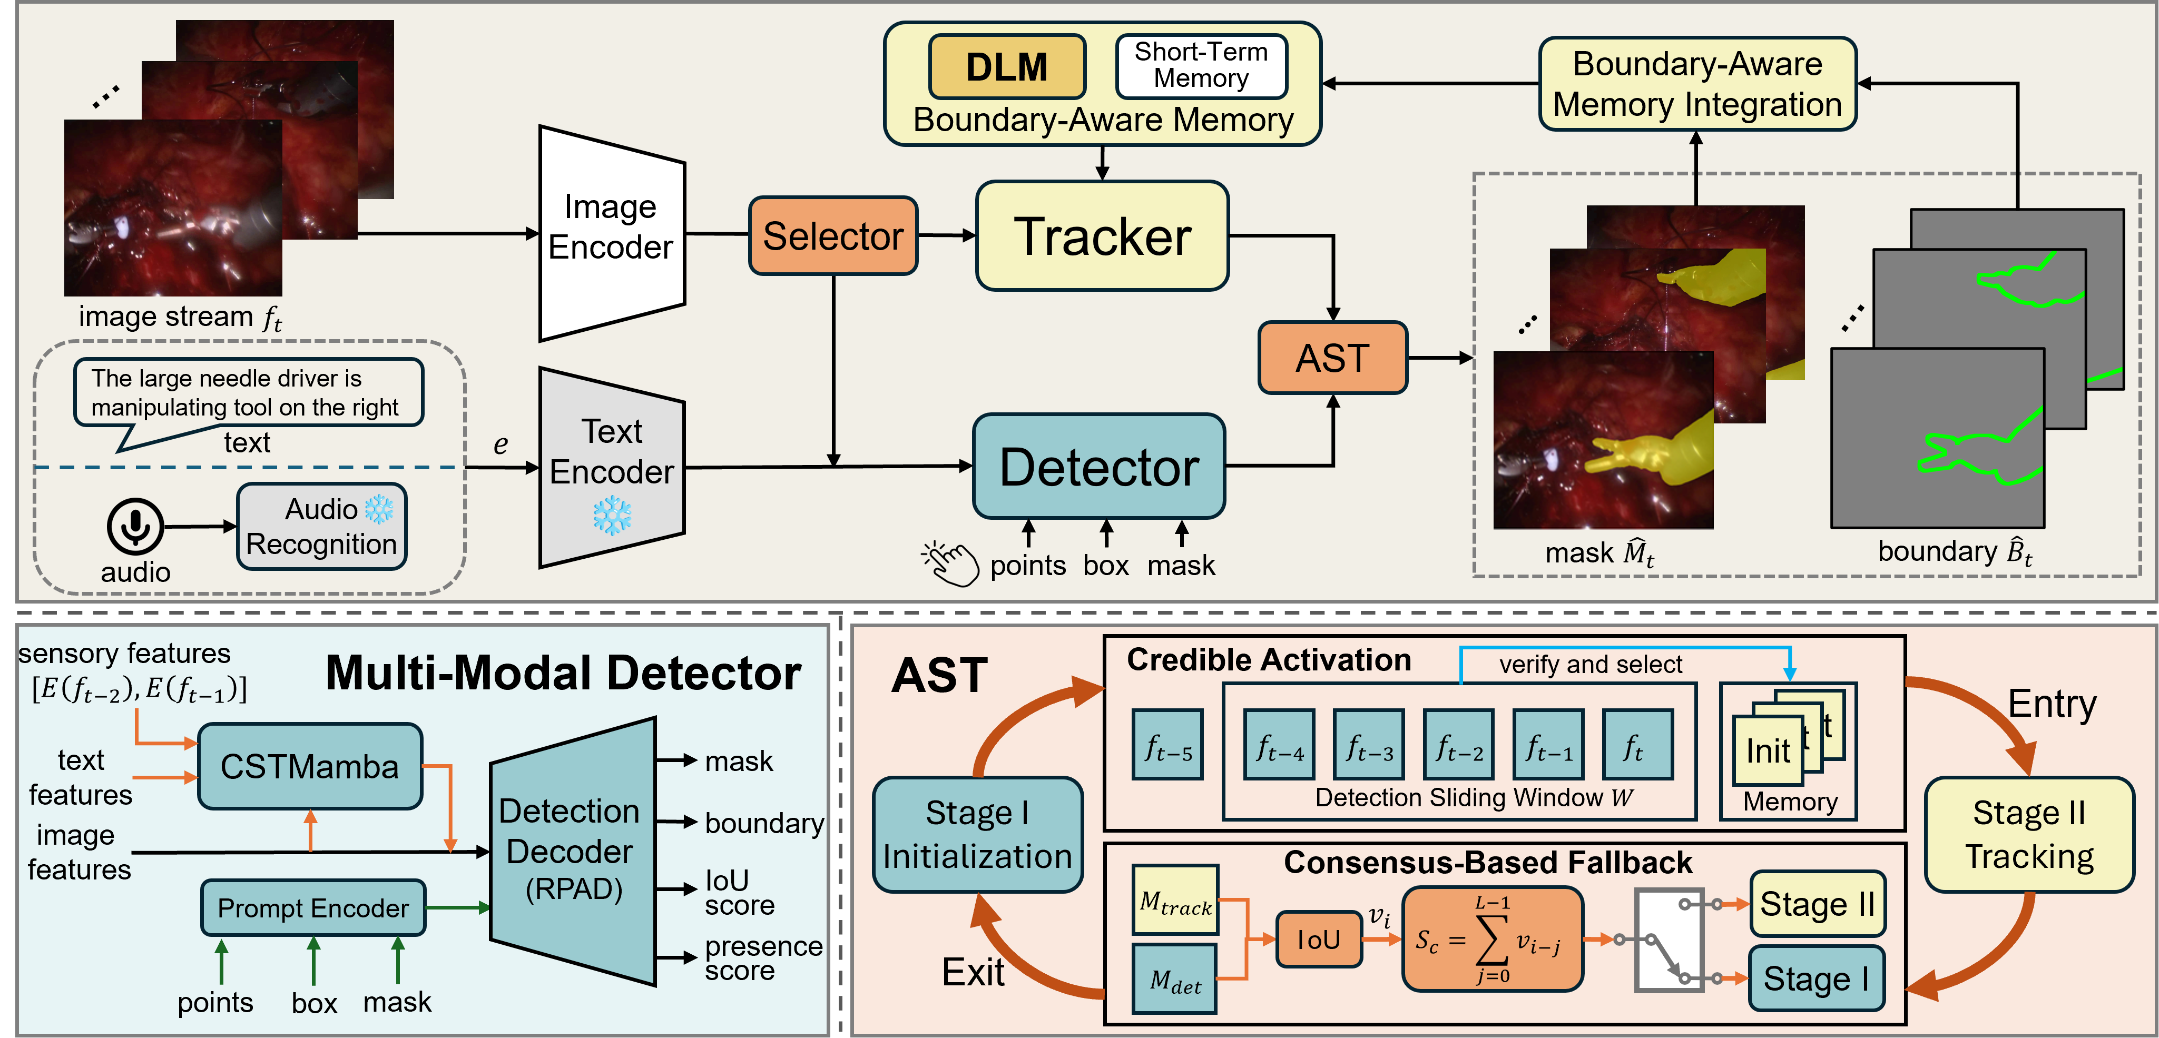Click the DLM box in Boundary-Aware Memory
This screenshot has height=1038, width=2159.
point(1007,67)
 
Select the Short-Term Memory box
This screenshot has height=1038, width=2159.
point(1201,65)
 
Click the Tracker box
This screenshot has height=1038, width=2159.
point(1102,236)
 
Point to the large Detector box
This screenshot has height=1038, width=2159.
point(1099,467)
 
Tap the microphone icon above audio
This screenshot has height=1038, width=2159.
point(135,526)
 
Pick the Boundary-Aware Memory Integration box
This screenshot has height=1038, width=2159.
point(1697,84)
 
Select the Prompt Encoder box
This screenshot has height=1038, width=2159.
point(312,908)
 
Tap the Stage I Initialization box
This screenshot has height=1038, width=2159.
point(977,834)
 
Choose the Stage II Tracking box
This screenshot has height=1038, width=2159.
point(2029,834)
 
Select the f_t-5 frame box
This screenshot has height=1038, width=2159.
point(1167,745)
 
